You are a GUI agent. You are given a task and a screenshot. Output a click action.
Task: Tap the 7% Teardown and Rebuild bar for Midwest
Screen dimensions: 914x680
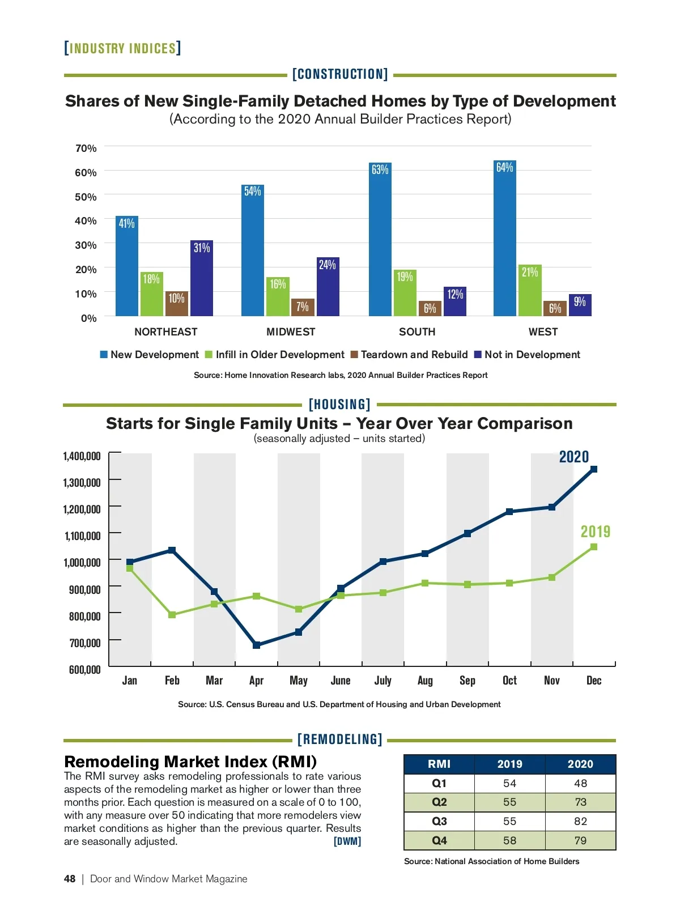[303, 307]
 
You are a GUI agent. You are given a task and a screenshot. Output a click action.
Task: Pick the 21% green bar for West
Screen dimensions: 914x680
[530, 290]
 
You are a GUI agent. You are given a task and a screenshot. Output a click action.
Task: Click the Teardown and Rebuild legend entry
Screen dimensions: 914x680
[409, 355]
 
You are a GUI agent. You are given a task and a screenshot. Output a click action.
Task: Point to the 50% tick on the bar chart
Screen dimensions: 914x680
[86, 197]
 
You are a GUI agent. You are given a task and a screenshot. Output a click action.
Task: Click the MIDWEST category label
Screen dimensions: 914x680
[291, 332]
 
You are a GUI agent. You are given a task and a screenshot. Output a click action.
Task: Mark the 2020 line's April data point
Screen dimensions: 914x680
[257, 645]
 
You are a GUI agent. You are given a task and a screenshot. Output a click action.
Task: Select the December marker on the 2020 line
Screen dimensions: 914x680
[594, 469]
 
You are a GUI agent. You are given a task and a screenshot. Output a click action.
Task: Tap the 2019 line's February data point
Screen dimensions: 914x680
[172, 615]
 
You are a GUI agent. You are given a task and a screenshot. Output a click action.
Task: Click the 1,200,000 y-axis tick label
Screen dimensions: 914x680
[82, 509]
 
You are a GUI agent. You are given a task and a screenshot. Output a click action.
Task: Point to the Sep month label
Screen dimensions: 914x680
[467, 681]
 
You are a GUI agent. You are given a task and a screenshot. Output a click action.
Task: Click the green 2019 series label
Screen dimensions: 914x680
[596, 532]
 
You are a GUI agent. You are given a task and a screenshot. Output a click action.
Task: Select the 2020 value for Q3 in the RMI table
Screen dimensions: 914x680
[580, 822]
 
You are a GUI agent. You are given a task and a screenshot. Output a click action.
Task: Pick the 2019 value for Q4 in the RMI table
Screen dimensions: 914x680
[509, 841]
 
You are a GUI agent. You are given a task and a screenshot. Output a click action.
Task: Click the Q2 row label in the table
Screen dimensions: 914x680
[439, 802]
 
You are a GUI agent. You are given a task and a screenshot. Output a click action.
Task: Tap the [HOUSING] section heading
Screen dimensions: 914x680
[339, 405]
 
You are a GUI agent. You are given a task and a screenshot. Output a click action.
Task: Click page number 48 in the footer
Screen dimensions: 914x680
[70, 879]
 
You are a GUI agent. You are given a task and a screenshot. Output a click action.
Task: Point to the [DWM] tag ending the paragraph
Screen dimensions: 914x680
[347, 841]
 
